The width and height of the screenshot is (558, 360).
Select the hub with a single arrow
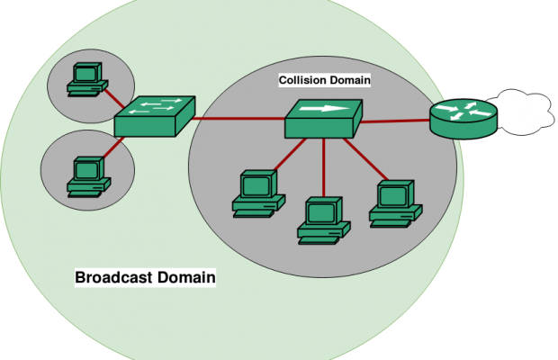(322, 117)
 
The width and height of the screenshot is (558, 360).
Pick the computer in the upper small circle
(86, 78)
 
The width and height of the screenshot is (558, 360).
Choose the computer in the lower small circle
(86, 175)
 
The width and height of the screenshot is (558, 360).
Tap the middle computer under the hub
(320, 219)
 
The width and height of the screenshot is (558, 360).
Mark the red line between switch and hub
(238, 119)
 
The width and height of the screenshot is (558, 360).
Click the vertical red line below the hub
(323, 166)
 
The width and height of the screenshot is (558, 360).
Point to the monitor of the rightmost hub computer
(394, 193)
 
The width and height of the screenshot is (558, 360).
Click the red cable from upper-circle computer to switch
(111, 97)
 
